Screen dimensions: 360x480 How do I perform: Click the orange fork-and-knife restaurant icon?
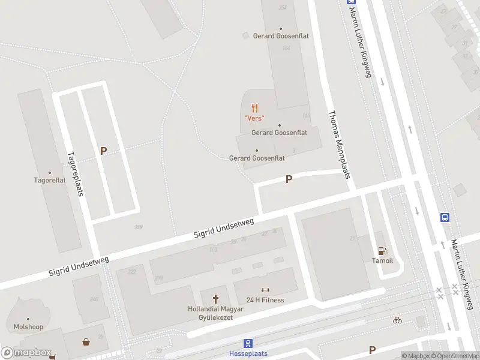[255, 108]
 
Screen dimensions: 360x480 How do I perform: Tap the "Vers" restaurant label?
[254, 118]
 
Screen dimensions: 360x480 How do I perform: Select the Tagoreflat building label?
[49, 179]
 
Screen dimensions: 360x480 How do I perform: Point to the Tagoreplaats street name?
[75, 173]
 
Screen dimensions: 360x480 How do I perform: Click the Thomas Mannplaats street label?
[338, 144]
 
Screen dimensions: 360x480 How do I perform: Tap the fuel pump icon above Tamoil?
[382, 251]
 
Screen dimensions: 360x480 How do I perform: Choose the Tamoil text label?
[382, 260]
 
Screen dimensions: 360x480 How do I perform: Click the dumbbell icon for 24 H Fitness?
[265, 290]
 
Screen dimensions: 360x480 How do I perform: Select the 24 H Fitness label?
[265, 300]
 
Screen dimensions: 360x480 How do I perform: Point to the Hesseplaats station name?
[248, 353]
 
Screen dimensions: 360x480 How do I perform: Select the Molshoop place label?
[28, 327]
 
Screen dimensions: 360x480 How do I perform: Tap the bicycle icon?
[397, 320]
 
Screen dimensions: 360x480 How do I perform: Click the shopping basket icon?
[87, 342]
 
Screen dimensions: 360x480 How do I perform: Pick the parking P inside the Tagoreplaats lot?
[103, 151]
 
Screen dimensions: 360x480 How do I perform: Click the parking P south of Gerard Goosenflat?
[289, 179]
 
